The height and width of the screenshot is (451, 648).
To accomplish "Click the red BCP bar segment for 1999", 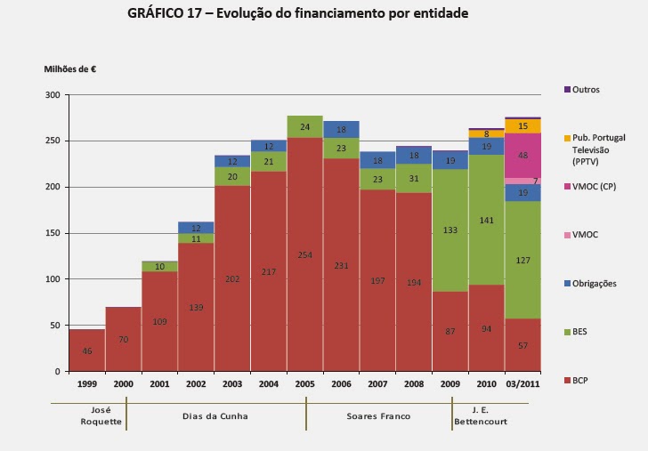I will tap(86, 350).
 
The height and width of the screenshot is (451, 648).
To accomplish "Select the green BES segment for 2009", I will tap(450, 230).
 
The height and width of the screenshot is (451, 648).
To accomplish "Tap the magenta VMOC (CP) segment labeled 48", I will tap(522, 156).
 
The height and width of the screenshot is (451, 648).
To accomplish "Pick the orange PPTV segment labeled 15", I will tap(522, 126).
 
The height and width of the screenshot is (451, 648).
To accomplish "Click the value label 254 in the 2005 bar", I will tap(304, 254).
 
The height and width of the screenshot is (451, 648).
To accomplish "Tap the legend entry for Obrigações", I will tap(594, 284).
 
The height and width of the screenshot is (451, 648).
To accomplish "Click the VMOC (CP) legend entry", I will tap(594, 186).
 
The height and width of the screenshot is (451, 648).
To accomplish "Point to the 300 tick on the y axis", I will tap(53, 95).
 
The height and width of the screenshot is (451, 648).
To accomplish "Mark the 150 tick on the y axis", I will tap(53, 233).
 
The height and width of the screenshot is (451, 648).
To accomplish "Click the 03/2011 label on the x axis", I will tap(522, 384).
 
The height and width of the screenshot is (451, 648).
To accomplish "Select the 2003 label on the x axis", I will tap(232, 384).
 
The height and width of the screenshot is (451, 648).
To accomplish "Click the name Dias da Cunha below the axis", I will tap(215, 415).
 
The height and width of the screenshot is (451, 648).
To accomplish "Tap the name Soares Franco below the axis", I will tap(378, 415).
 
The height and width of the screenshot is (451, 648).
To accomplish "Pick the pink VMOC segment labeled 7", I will tap(522, 181).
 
